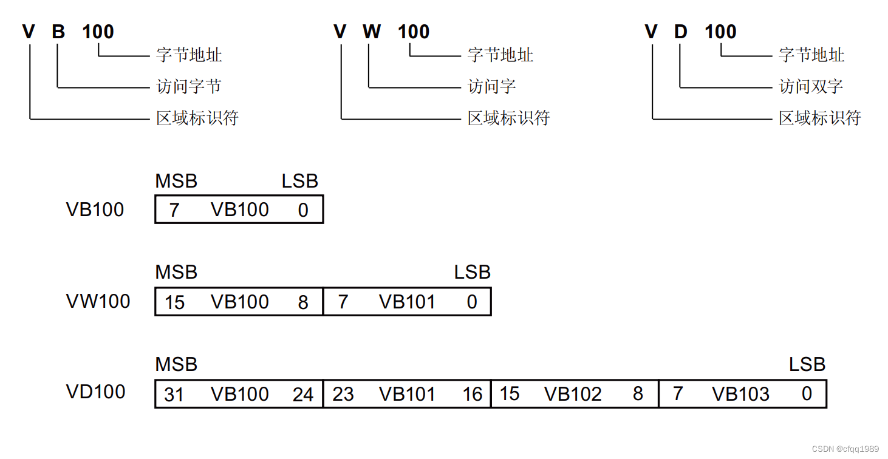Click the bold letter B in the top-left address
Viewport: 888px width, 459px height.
point(58,32)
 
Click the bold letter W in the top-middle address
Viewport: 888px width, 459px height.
point(372,32)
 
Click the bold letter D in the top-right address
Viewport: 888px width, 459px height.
point(681,32)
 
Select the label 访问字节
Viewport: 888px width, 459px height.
point(189,87)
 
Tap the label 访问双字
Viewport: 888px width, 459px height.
point(811,87)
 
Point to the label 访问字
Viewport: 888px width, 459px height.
point(492,87)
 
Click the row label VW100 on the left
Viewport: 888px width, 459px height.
point(98,301)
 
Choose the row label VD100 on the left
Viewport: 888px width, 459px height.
point(95,392)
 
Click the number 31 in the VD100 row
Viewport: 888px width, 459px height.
point(174,395)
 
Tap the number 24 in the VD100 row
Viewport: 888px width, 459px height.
point(303,395)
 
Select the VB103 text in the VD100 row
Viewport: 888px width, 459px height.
point(741,395)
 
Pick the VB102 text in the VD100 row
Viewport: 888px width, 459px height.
point(573,395)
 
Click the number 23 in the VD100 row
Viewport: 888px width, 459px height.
point(343,395)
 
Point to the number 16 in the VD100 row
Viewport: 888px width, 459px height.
point(472,395)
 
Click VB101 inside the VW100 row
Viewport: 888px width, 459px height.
point(407,302)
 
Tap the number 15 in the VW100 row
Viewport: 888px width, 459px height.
point(174,302)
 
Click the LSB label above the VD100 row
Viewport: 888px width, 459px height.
point(807,364)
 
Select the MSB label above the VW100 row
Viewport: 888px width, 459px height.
point(176,273)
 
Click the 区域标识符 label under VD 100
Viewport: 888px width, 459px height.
point(820,118)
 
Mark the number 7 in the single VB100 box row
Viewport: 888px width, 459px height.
point(174,210)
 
